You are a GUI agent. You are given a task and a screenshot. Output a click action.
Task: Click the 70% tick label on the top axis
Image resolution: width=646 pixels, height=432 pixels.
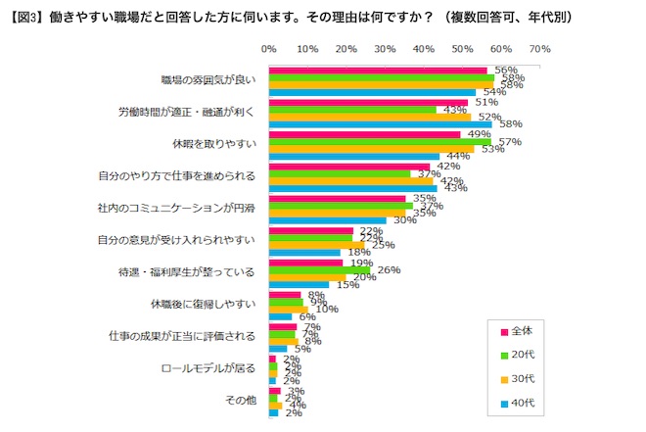(x=538, y=47)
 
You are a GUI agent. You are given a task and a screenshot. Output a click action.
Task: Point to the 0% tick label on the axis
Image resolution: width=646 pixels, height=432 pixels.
(x=269, y=47)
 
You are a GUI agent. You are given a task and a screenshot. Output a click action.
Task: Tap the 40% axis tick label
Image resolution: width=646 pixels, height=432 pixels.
(x=423, y=47)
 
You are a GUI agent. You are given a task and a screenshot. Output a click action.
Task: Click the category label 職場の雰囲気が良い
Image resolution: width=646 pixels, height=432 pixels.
(x=208, y=80)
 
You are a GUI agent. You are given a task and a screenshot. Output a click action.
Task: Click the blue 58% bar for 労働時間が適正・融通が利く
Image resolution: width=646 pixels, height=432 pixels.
(x=380, y=124)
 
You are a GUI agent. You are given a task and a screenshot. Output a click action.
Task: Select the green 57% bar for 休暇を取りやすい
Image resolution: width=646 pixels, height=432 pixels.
(x=379, y=142)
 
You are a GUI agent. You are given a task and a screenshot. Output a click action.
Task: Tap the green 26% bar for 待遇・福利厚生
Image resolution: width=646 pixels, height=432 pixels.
(x=319, y=270)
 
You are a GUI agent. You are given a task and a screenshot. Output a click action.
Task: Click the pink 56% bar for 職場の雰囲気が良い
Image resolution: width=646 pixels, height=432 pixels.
(x=377, y=70)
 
